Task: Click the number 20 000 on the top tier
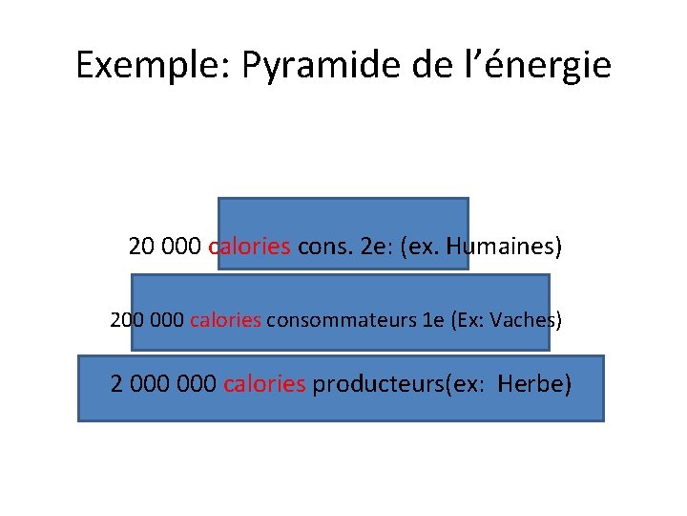click(164, 247)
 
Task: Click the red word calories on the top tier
click(249, 247)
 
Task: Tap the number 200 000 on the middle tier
click(148, 319)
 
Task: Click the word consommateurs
click(341, 319)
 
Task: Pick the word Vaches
click(525, 319)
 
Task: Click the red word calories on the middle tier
click(225, 319)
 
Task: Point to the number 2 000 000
click(164, 384)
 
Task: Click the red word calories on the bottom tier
click(264, 384)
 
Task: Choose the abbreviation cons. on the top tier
click(324, 247)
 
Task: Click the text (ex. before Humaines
click(418, 247)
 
